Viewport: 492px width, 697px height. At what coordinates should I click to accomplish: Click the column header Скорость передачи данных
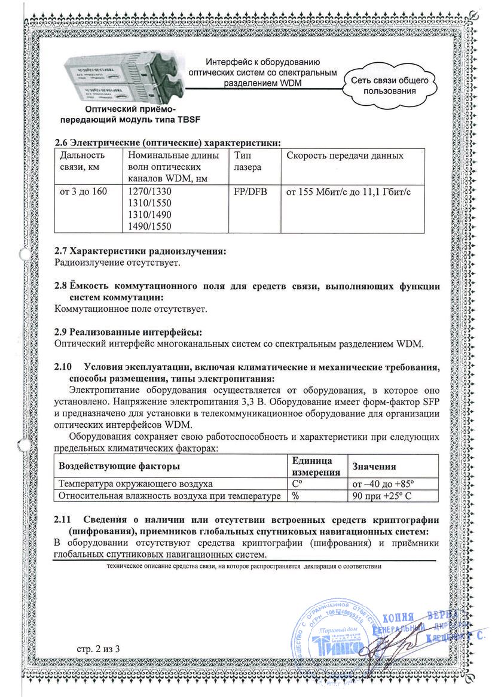point(345,156)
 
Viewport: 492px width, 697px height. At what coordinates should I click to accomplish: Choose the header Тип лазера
point(245,162)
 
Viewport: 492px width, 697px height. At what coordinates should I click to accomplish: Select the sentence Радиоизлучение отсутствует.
point(117,263)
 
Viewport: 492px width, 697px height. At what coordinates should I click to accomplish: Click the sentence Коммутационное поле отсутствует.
point(131,309)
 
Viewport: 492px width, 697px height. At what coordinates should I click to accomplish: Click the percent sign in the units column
point(295,495)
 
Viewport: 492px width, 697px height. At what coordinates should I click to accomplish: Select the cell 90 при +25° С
point(384,495)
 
